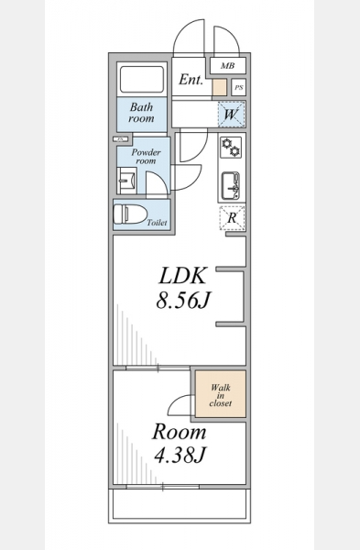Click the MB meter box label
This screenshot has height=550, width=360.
(x=227, y=66)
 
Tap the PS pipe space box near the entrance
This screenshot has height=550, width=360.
(x=239, y=87)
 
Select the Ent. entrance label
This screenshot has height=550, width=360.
(x=191, y=80)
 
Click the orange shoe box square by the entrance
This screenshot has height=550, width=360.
(x=219, y=87)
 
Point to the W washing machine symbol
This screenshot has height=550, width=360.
(x=232, y=115)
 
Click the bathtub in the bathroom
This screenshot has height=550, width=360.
(x=142, y=79)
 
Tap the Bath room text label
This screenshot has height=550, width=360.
(x=141, y=112)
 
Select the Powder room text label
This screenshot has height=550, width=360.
(x=146, y=157)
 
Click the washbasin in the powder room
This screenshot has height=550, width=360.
(x=126, y=181)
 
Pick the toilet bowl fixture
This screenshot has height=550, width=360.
(x=129, y=214)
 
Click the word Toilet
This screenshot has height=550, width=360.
(x=157, y=223)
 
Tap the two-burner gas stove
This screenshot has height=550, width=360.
(x=231, y=148)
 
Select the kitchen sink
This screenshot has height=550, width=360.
(x=231, y=186)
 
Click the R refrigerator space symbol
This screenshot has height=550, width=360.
(x=232, y=218)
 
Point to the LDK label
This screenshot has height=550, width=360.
(x=182, y=276)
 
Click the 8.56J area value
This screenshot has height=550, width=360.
(x=182, y=300)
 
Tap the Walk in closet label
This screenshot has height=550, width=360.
(x=221, y=395)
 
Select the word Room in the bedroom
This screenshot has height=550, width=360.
(x=180, y=432)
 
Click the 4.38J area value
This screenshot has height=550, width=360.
(x=180, y=455)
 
